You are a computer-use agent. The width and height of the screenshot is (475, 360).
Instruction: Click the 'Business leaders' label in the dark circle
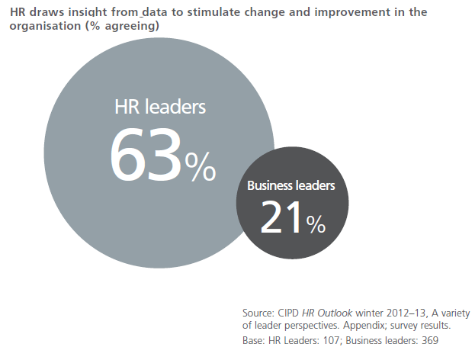pos(291,185)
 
